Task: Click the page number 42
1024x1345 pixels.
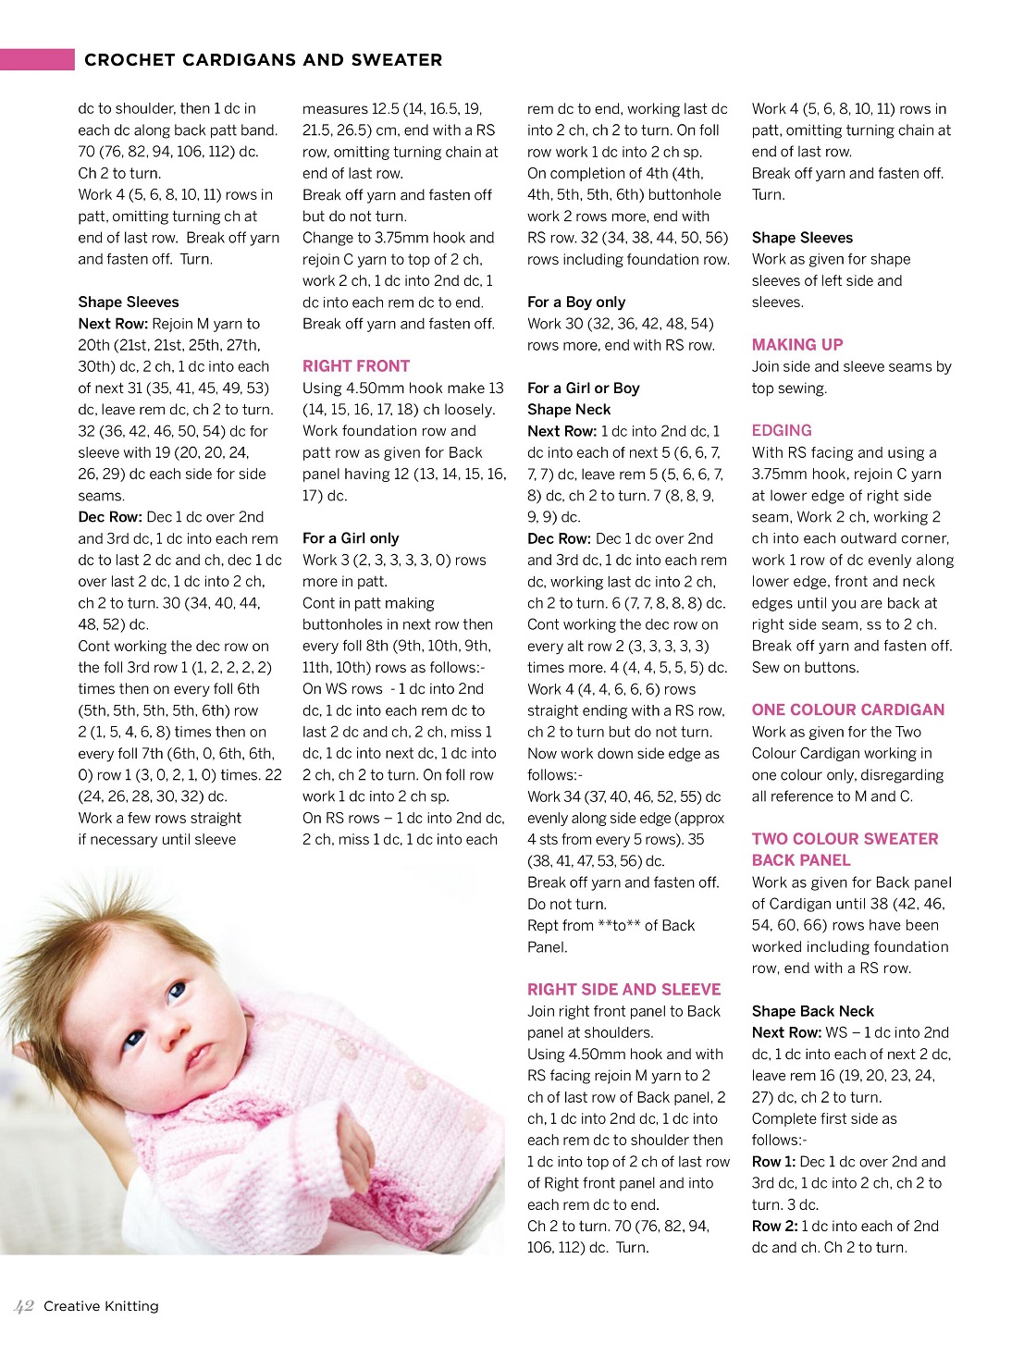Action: [x=24, y=1306]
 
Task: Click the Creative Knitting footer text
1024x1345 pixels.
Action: [x=101, y=1306]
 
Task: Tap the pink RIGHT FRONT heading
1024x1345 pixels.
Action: [x=356, y=366]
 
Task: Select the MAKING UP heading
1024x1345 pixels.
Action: [x=797, y=345]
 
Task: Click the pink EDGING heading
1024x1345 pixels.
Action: [x=782, y=431]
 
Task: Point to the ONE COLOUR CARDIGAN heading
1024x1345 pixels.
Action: [x=848, y=710]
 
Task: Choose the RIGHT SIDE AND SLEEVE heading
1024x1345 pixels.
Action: [x=623, y=990]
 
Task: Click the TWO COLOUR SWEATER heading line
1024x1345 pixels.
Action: [x=845, y=839]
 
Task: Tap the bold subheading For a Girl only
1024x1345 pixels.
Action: [x=351, y=538]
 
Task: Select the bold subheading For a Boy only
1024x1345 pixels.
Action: [x=576, y=302]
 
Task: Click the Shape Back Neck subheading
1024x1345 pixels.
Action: [x=812, y=1011]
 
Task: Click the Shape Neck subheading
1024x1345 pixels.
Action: [x=569, y=410]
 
